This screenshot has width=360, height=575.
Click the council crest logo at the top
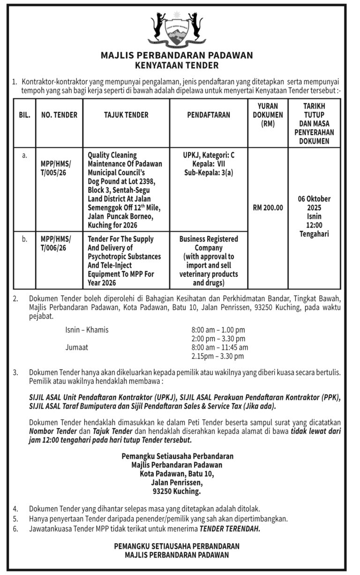pos(177,29)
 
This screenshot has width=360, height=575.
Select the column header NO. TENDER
pos(59,114)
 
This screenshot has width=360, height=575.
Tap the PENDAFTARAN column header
pos(209,114)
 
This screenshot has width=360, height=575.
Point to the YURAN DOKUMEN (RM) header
pos(267,115)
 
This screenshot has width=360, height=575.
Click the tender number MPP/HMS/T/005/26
pos(56,168)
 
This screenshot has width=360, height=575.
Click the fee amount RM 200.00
pos(268,208)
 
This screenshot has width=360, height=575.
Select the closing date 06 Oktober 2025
pos(314,203)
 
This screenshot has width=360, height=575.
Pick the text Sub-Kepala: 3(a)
pos(209,172)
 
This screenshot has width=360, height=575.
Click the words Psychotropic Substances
pos(124,257)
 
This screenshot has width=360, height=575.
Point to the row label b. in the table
pos(24,239)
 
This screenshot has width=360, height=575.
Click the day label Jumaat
pos(76,348)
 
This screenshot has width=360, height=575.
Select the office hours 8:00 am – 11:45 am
pos(219,348)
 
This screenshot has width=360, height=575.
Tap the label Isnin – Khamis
pos(87,330)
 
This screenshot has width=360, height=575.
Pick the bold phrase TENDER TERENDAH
pos(229,529)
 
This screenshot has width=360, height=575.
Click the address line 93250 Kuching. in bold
pos(177,492)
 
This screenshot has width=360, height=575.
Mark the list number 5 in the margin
pos(16,519)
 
